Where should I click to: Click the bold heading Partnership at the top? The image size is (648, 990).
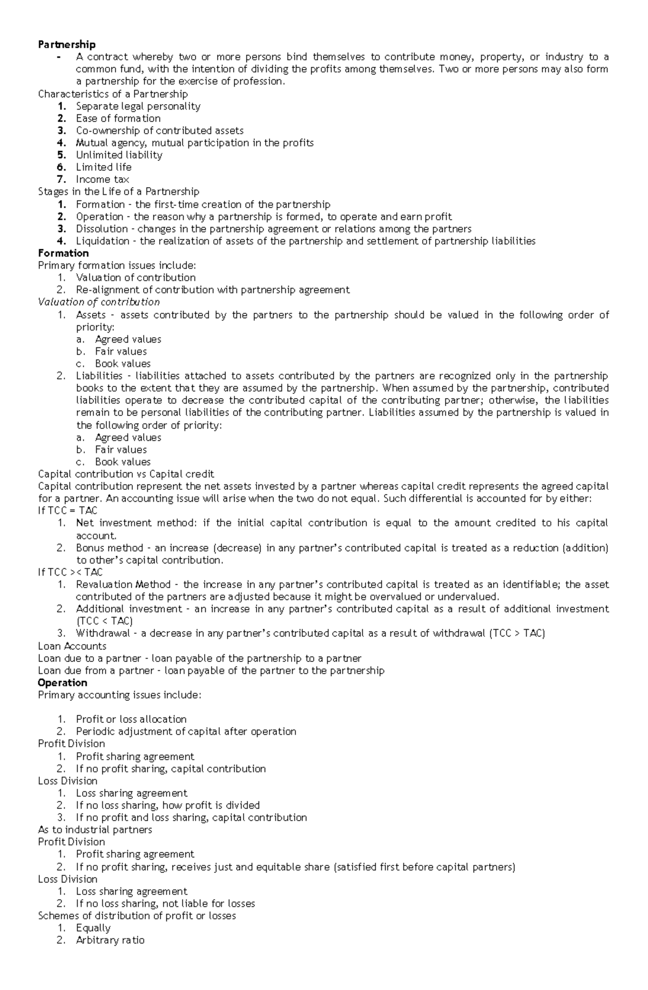66,44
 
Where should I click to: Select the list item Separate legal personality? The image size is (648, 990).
138,106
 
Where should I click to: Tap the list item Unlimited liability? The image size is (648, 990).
119,155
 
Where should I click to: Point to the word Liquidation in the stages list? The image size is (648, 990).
102,241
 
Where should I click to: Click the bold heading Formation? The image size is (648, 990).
63,253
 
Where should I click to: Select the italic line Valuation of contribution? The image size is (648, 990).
99,302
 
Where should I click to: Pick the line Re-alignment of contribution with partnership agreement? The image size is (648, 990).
212,290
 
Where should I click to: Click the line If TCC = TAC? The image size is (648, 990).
67,510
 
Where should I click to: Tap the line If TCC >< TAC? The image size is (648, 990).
70,572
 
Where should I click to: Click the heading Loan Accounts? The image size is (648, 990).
72,646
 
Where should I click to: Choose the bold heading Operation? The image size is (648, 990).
62,682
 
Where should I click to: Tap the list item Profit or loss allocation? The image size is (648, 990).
131,719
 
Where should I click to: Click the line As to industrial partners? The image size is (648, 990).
95,830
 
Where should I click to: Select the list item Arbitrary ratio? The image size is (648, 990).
110,940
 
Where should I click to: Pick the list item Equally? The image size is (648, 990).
93,928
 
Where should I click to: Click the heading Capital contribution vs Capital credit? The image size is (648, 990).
126,474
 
